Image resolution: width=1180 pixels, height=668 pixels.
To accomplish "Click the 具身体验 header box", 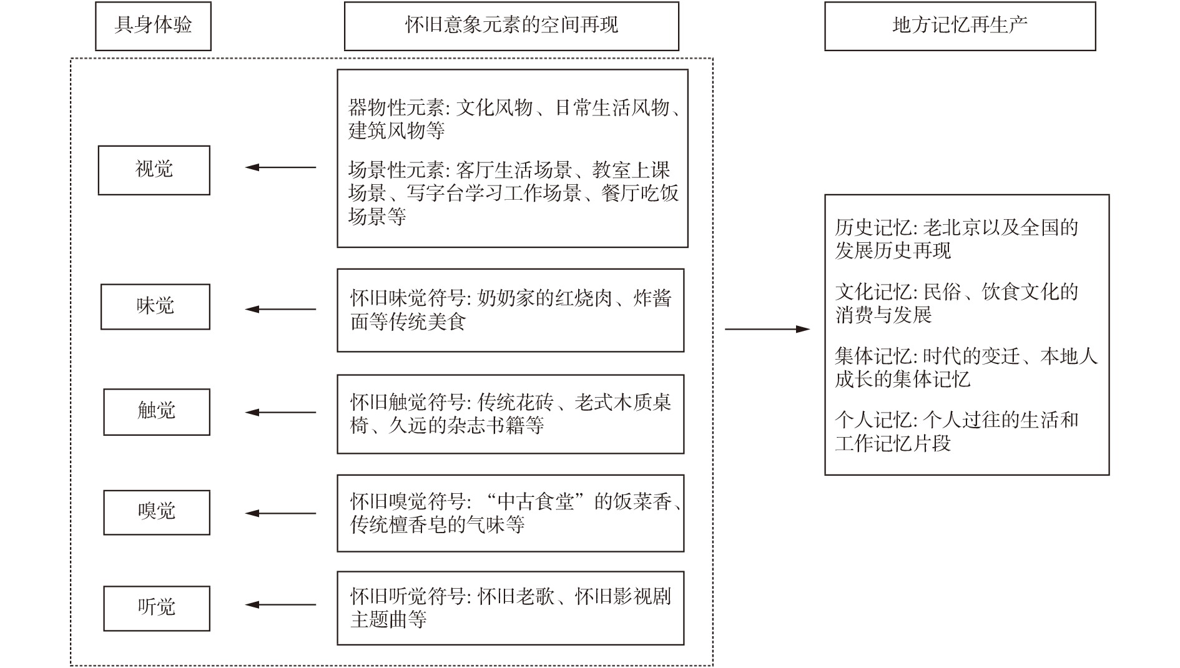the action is coord(153,26).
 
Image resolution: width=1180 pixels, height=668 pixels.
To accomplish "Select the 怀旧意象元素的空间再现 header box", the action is coord(511,26).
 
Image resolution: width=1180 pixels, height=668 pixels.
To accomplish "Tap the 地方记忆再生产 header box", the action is coord(960,26).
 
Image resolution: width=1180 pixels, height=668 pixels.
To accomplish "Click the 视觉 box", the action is coord(154,170).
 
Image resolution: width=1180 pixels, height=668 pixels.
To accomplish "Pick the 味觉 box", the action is coord(155,307).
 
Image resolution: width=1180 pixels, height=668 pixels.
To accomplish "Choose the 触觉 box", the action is coord(157,412).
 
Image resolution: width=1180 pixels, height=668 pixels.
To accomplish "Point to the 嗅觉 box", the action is coord(157,513).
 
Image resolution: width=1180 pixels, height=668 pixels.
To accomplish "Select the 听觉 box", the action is coord(157,608).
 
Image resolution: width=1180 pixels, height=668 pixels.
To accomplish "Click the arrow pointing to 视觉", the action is coord(281,167).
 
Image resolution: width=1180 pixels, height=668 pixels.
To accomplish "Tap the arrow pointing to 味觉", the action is coord(281,309).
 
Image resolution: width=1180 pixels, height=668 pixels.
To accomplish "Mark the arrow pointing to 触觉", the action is coord(281,412).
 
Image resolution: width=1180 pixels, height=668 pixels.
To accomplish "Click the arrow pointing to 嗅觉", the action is coord(281,513).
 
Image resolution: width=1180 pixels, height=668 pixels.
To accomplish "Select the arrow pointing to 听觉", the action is coord(281,604).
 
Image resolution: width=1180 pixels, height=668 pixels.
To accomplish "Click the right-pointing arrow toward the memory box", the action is coord(767,329).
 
